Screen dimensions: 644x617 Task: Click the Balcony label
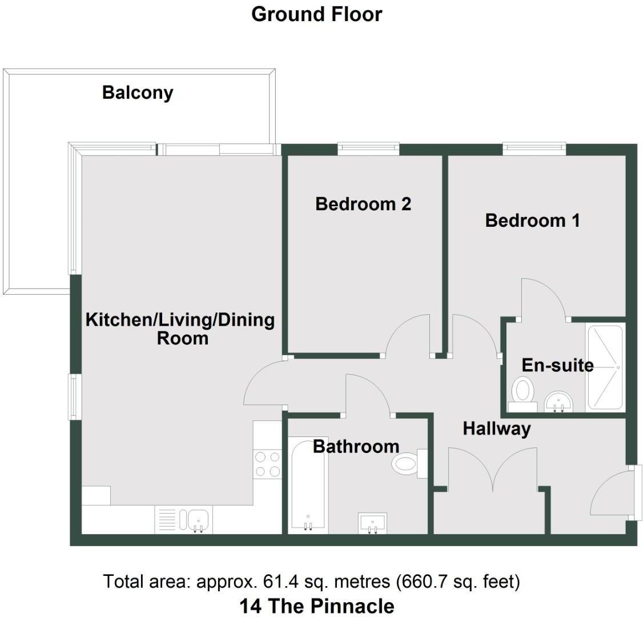[x=138, y=93]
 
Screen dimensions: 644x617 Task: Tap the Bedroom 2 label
[x=363, y=204]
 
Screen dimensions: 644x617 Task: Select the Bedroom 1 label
[x=533, y=221]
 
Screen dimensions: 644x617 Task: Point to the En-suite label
[x=557, y=365]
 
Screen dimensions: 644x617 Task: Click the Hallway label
[x=497, y=429]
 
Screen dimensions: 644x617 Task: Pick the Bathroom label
[x=356, y=446]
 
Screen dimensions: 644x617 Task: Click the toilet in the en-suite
[x=523, y=394]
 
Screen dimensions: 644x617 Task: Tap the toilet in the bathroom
[x=409, y=464]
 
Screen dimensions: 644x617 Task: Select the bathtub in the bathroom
[x=308, y=486]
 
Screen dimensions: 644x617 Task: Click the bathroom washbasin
[x=372, y=523]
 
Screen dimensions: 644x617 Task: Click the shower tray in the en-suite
[x=606, y=367]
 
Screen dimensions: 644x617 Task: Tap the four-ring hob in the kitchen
[x=267, y=464]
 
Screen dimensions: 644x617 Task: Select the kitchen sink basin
[x=199, y=520]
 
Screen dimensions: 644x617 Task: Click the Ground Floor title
[x=317, y=14]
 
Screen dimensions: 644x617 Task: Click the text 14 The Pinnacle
[x=317, y=606]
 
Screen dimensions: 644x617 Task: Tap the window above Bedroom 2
[x=368, y=149]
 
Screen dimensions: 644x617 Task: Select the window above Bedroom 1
[x=534, y=149]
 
